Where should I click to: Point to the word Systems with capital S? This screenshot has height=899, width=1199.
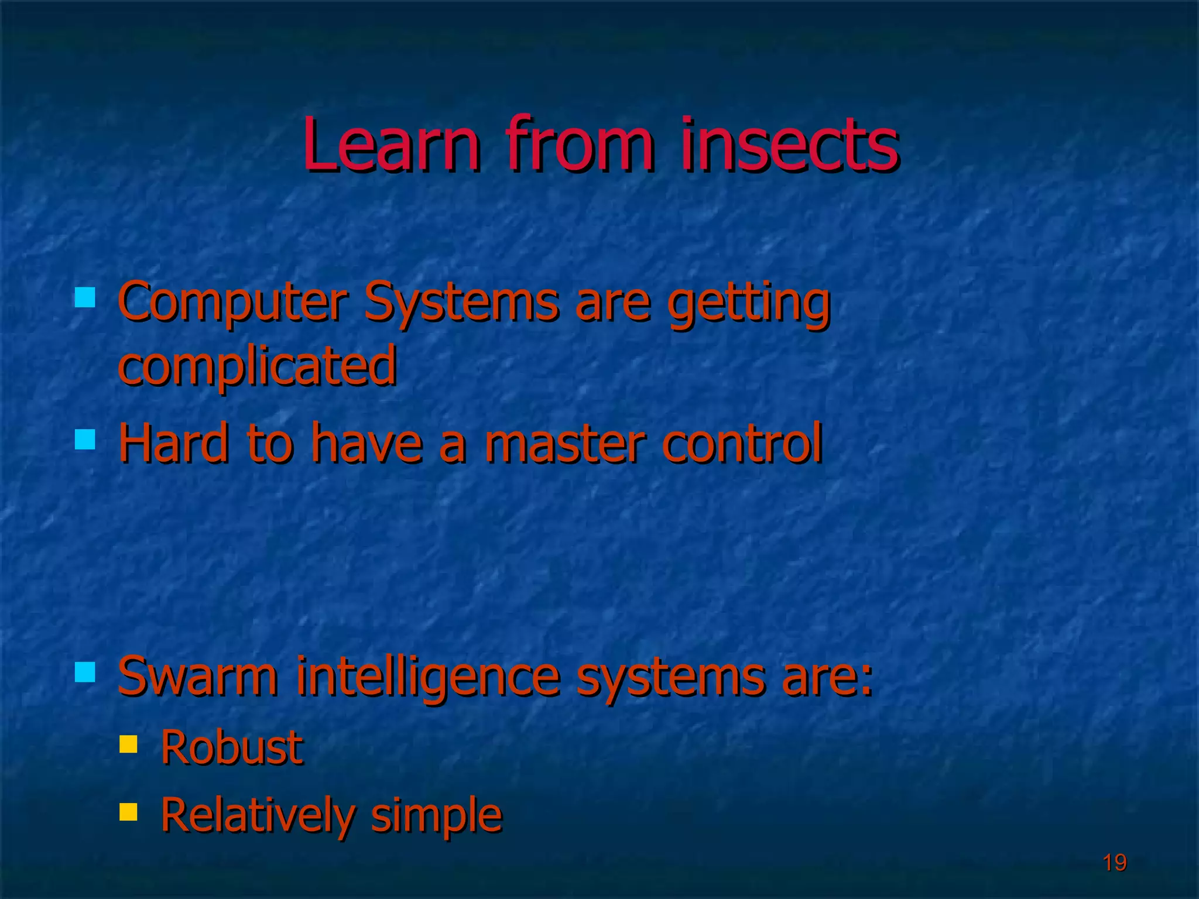tap(461, 303)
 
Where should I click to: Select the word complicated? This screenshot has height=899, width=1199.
tap(258, 366)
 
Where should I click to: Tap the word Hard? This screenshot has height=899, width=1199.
tap(173, 443)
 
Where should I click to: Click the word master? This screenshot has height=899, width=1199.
tap(564, 443)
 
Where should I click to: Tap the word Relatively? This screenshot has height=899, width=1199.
tap(258, 815)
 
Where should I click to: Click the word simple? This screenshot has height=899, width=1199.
tap(437, 815)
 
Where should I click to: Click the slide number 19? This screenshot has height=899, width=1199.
tap(1115, 863)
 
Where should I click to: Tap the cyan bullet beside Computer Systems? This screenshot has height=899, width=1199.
tap(85, 297)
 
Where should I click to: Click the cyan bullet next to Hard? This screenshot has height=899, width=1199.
tap(85, 439)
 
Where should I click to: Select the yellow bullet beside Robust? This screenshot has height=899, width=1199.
tap(128, 744)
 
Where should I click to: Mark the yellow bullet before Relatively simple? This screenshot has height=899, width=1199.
tap(128, 812)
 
